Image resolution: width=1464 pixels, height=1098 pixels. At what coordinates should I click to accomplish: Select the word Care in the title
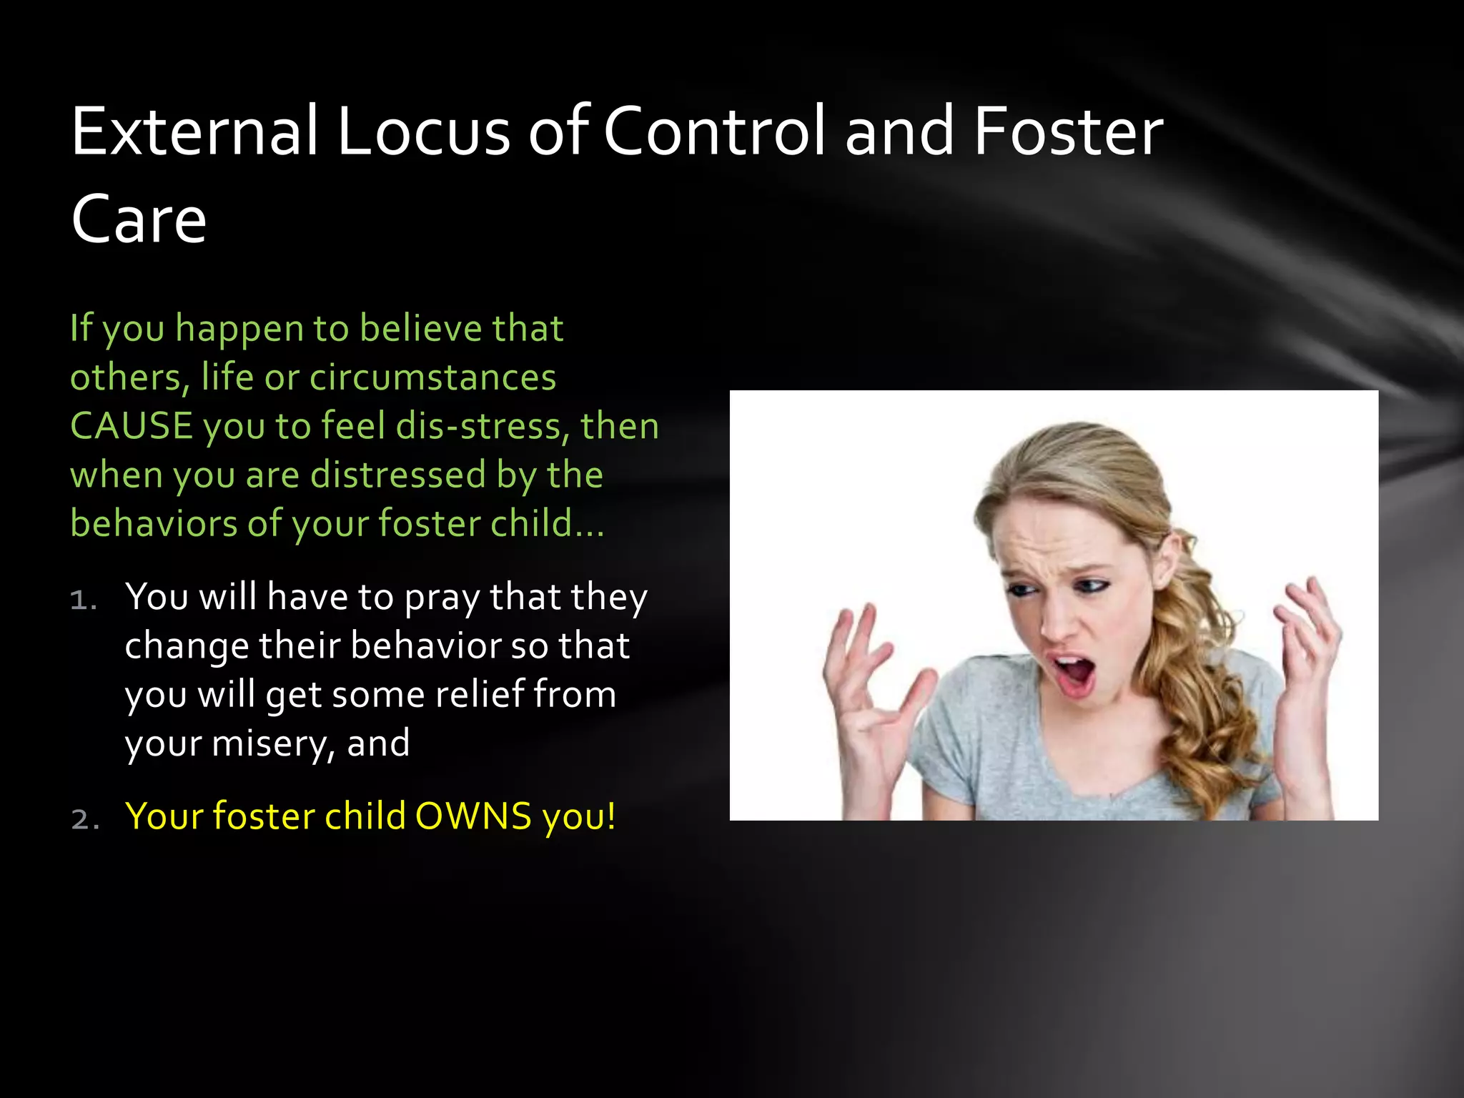click(139, 219)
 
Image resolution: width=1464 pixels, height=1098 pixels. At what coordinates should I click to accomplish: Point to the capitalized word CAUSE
click(132, 426)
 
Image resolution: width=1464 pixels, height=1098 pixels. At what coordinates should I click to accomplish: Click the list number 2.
click(83, 819)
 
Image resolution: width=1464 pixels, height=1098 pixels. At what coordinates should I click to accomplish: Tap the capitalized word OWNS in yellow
click(473, 816)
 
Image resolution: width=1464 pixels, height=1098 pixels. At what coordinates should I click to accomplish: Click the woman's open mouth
click(1074, 673)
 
